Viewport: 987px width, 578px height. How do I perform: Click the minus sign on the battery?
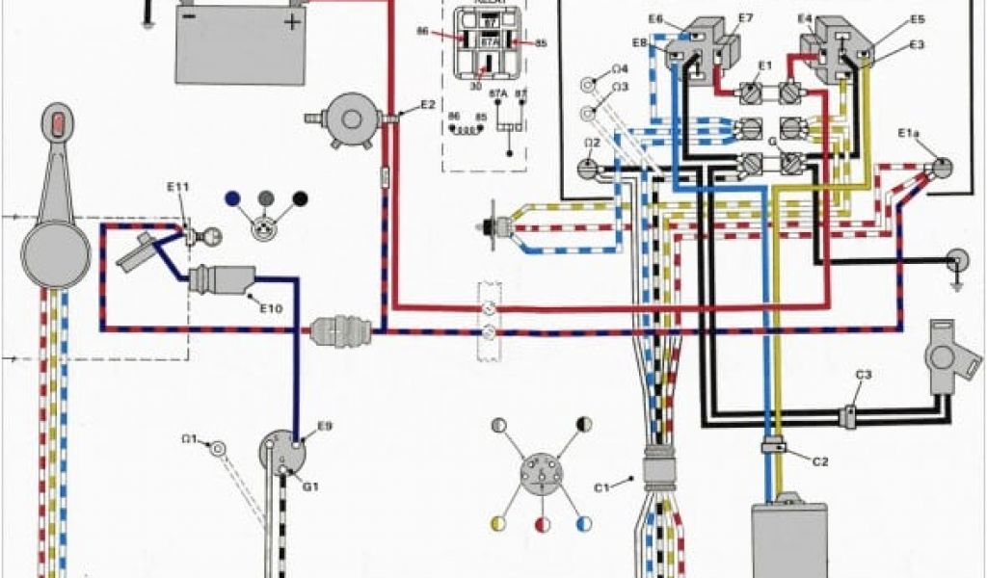(x=190, y=17)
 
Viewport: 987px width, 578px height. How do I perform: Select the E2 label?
(x=427, y=104)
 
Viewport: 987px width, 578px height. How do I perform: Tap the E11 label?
(x=177, y=188)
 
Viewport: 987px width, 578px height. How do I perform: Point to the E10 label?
(x=271, y=308)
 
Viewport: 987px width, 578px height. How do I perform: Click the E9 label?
(x=325, y=426)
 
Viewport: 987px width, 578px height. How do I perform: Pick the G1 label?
(x=310, y=486)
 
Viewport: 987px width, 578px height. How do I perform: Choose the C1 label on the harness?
(x=602, y=486)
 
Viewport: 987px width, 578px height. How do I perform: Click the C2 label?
(x=820, y=461)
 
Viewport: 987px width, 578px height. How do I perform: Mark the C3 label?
(x=864, y=374)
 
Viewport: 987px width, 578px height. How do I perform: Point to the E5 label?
(x=917, y=19)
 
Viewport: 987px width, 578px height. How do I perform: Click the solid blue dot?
(x=230, y=199)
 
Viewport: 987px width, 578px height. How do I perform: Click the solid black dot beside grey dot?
(x=300, y=199)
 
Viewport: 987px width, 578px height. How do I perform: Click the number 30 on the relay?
(x=475, y=86)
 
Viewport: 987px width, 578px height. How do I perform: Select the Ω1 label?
(x=190, y=439)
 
